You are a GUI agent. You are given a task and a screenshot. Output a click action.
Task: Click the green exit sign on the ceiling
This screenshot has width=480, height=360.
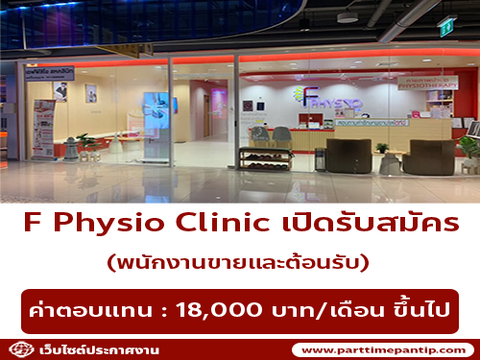click(x=445, y=22)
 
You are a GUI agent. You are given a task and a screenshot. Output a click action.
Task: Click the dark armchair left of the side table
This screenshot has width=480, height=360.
click(x=347, y=155)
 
